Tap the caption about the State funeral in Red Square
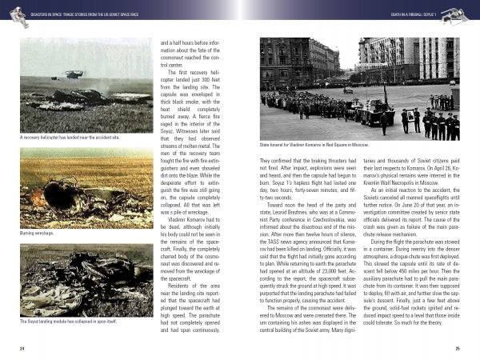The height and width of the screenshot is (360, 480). [x=314, y=146]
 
